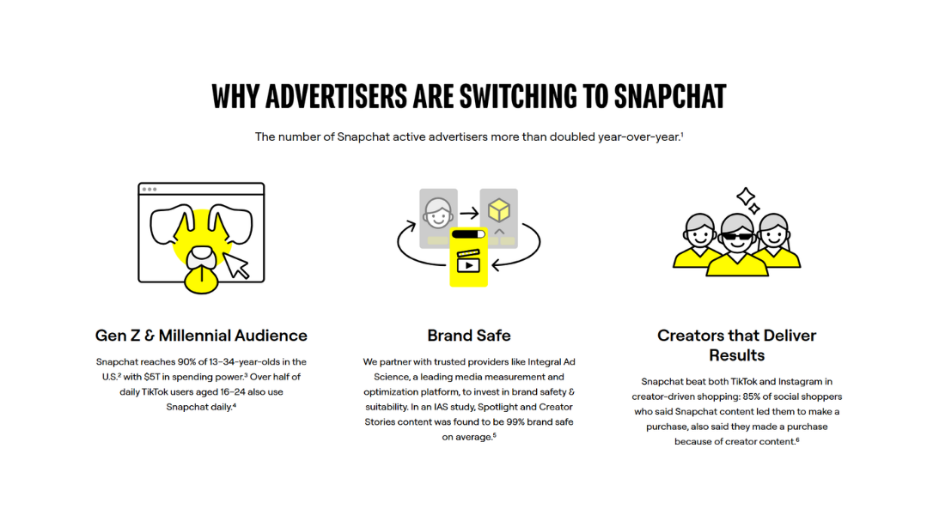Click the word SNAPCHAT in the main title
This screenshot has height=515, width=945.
(669, 96)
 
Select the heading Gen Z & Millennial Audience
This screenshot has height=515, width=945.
(201, 336)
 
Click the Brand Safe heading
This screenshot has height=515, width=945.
(469, 336)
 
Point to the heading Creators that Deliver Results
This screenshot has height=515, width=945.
(736, 345)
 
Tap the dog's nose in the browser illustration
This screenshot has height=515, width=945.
(202, 255)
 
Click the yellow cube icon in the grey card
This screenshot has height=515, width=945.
(498, 209)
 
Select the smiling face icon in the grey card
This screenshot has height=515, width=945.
(438, 211)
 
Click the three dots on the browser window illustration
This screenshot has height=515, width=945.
(149, 189)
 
